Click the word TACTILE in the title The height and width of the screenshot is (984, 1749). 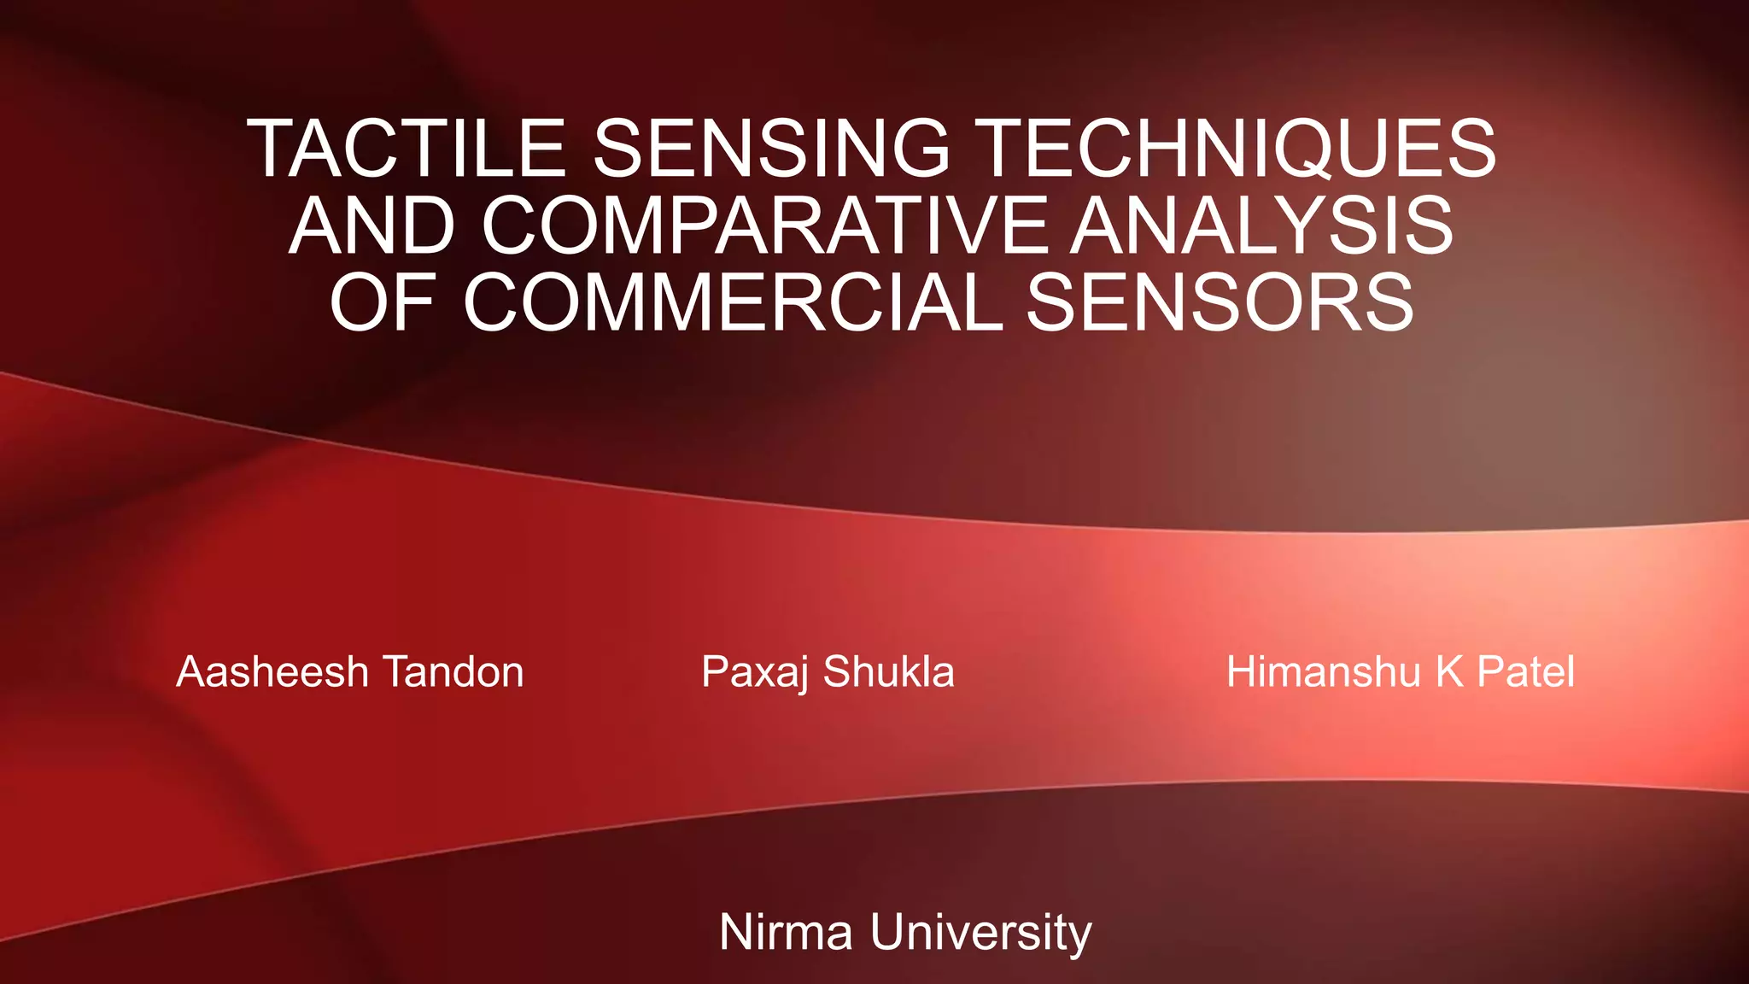click(x=407, y=149)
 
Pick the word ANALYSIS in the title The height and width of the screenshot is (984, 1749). click(x=1262, y=225)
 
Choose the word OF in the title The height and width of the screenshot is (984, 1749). click(x=383, y=302)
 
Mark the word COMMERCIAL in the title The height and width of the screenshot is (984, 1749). click(x=733, y=302)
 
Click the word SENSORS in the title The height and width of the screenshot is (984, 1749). click(x=1220, y=302)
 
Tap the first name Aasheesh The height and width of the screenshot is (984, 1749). click(x=272, y=671)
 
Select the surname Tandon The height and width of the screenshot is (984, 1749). click(x=453, y=671)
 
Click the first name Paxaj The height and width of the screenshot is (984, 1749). click(x=755, y=673)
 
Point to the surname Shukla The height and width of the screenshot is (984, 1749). click(x=888, y=671)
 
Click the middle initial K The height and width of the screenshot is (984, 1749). click(x=1449, y=671)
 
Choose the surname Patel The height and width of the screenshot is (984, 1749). click(x=1526, y=671)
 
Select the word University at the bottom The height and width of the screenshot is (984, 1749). click(x=981, y=933)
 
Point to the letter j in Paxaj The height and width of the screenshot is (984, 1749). click(x=803, y=675)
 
